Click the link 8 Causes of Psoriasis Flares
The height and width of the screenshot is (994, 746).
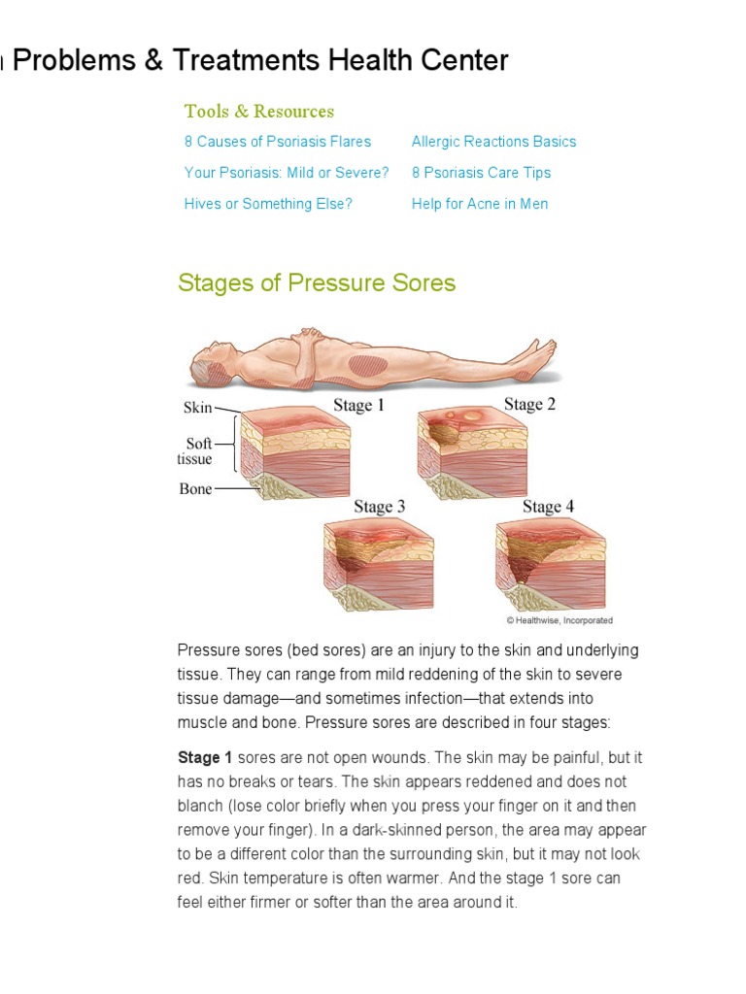tap(278, 142)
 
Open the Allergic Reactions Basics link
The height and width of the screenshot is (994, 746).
tap(493, 142)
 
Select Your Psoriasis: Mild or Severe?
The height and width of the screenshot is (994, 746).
tap(287, 173)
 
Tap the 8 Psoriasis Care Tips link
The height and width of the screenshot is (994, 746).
tap(481, 173)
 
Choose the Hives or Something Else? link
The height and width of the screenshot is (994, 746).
tap(268, 204)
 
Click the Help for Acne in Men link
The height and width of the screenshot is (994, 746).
tap(480, 204)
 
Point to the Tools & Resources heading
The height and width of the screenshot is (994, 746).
tap(259, 111)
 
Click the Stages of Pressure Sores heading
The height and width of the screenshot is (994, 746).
tap(317, 283)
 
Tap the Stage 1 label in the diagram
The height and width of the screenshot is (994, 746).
tap(359, 406)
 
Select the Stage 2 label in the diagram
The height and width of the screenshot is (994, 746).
tap(529, 405)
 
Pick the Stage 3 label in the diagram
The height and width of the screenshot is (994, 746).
tap(380, 507)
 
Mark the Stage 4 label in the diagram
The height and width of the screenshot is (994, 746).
tap(548, 507)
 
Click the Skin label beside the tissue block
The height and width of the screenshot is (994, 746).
tap(197, 409)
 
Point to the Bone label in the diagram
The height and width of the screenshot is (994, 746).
tap(195, 489)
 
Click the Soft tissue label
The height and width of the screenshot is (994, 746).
tap(195, 451)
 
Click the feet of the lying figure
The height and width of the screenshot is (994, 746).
tap(537, 353)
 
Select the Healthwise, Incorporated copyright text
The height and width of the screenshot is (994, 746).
tap(559, 620)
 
